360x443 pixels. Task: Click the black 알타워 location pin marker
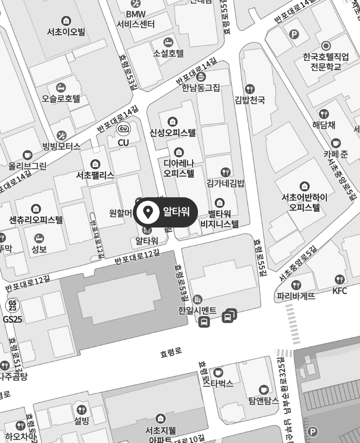coord(148,212)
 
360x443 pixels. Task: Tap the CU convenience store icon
coord(123,129)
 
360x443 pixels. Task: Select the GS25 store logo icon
coord(12,305)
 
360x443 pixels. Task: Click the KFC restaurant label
coord(339,291)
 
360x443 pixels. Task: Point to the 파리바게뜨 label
coord(296,296)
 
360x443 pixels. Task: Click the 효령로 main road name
coord(171,353)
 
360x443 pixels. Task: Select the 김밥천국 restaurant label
coord(250,100)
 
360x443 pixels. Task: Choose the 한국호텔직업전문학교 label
coord(326,61)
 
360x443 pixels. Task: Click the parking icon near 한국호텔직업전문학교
coord(294,34)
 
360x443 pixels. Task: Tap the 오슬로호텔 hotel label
coord(61,98)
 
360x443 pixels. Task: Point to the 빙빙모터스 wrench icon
coord(61,135)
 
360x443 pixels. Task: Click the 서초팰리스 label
coord(95,175)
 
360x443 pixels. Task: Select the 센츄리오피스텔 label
coord(36,220)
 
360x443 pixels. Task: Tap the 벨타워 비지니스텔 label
coord(220,219)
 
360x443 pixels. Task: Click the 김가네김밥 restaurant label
coord(225,184)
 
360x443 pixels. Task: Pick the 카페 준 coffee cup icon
coord(336,143)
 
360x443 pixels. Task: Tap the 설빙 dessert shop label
coord(81,420)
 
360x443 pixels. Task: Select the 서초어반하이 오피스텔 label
coord(305,202)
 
